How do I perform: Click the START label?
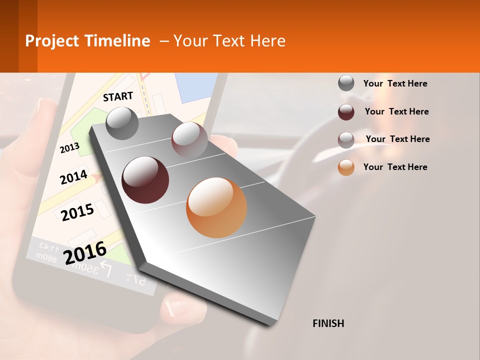coord(118,96)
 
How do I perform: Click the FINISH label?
coord(328,323)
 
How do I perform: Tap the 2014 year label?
coord(73,177)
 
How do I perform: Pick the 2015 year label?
coord(77,212)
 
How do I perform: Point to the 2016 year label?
coord(85,252)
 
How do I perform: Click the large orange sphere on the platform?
coord(216,207)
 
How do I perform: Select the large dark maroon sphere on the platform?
coord(145,179)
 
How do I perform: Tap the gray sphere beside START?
coord(122,123)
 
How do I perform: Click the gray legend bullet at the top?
coord(346,83)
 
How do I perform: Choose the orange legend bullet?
coord(346,167)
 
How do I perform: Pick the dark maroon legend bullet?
coord(346,112)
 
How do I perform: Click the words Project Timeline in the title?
coord(87,41)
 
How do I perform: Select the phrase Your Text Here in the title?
coord(229,41)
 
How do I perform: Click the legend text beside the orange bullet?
coord(395,167)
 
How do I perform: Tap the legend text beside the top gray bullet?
coord(395,83)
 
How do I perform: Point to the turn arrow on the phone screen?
coord(106,270)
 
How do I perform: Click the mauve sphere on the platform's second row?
coord(189,139)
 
